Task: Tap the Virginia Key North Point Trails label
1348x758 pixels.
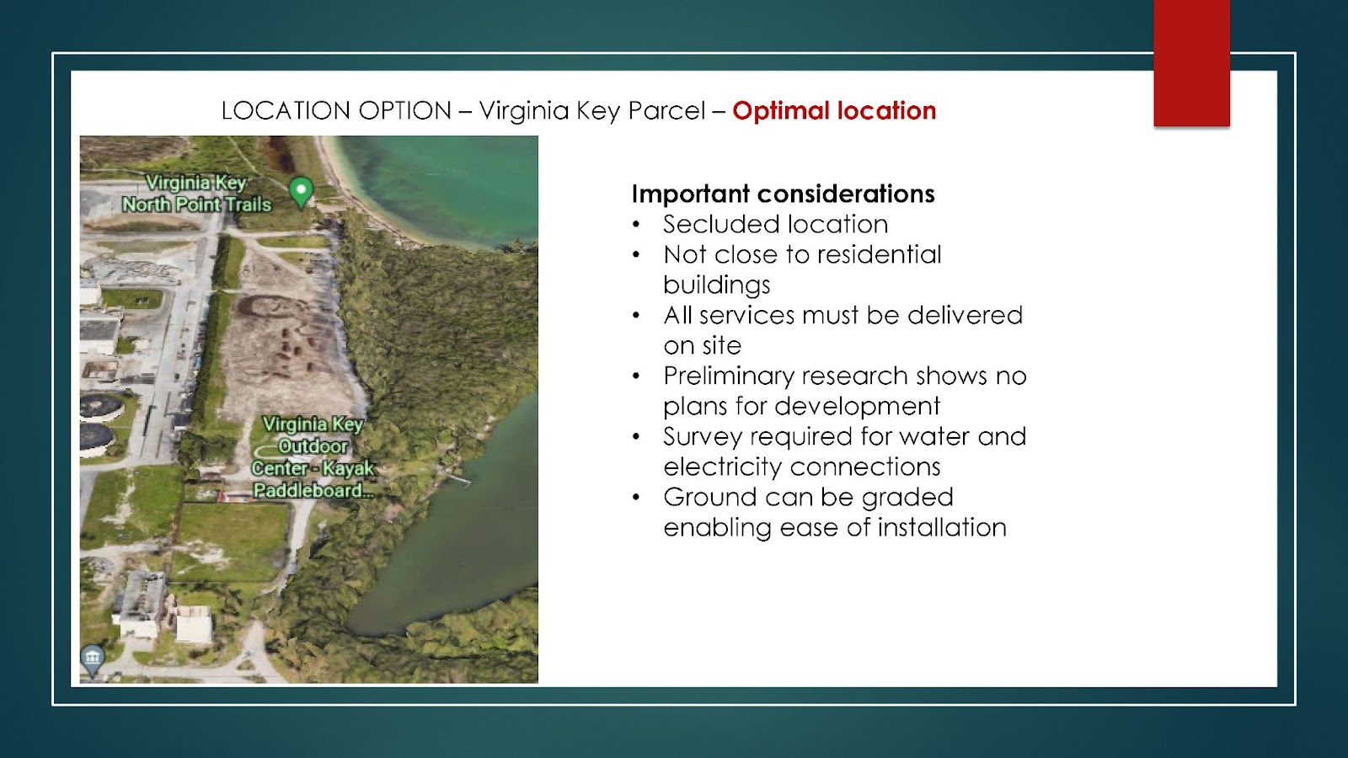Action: [197, 194]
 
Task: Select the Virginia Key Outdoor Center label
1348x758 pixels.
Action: [313, 458]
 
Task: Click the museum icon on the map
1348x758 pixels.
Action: [92, 659]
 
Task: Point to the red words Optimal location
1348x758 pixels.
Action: [834, 110]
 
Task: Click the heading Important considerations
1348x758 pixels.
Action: [783, 194]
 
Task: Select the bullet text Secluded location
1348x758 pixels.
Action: [776, 224]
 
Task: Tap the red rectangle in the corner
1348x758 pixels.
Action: [1191, 63]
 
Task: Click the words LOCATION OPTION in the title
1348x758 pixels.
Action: [336, 110]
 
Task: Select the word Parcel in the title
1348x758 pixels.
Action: [666, 110]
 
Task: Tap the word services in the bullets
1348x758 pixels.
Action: [746, 315]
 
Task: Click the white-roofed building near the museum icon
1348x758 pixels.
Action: [194, 623]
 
